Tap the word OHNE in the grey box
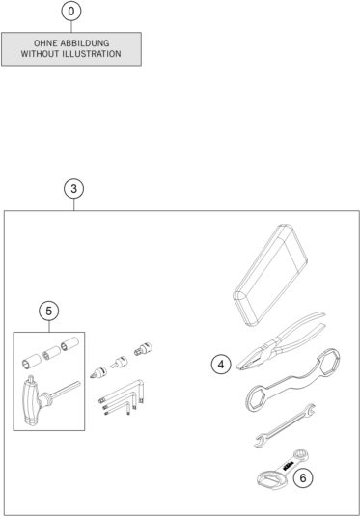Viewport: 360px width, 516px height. [x=44, y=42]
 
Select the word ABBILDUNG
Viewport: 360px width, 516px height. [x=90, y=42]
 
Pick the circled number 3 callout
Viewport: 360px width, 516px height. [x=73, y=188]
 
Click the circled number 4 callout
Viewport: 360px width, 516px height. [x=221, y=364]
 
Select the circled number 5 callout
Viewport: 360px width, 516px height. [x=49, y=311]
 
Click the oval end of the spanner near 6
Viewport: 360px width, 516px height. [x=265, y=476]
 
